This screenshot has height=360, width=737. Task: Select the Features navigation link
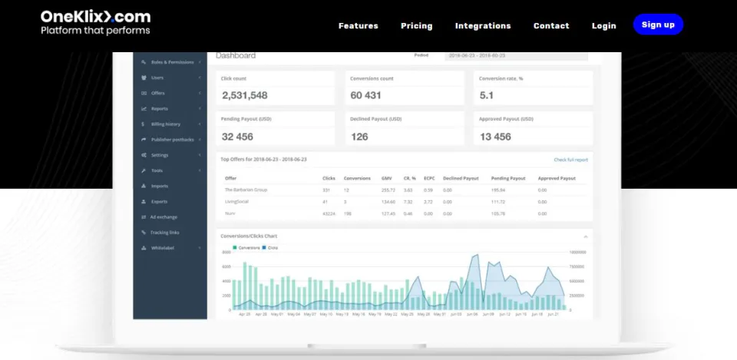click(x=358, y=25)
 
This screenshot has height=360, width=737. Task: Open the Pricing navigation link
click(x=416, y=25)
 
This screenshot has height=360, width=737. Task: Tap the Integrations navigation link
click(x=482, y=25)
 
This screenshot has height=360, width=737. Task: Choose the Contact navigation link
click(x=551, y=25)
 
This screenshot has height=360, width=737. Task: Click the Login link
click(x=603, y=25)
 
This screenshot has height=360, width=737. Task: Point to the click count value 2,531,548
click(x=245, y=95)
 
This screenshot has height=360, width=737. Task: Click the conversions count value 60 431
click(x=365, y=95)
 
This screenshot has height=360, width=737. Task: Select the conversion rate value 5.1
click(x=487, y=95)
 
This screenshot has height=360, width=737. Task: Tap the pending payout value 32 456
click(x=238, y=137)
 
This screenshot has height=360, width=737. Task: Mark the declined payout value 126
click(x=359, y=137)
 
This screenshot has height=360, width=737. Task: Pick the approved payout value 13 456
click(x=495, y=137)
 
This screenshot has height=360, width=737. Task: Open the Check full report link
click(x=570, y=160)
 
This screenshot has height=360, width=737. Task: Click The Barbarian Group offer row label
click(x=245, y=189)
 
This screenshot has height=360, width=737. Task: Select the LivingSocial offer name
click(x=238, y=201)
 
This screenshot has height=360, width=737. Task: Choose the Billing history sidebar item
click(x=166, y=124)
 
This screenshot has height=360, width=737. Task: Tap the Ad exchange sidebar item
click(x=164, y=217)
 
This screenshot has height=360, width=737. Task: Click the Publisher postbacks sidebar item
click(x=172, y=140)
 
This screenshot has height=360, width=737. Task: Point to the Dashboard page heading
click(x=236, y=55)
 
